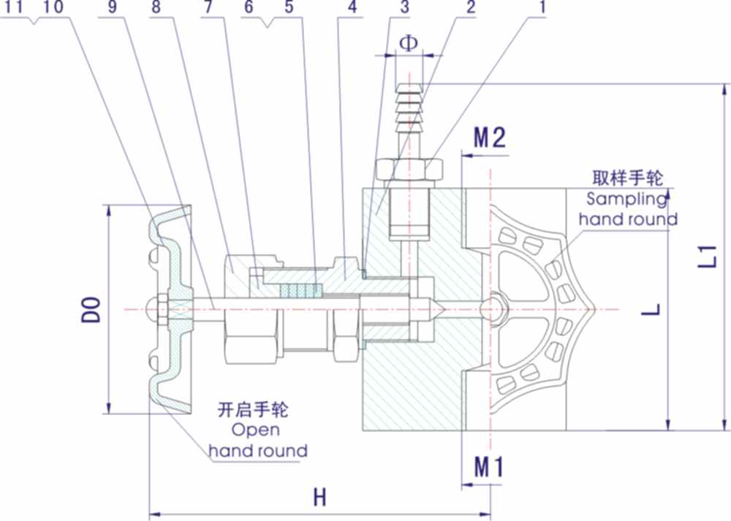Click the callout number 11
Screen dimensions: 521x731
point(15,7)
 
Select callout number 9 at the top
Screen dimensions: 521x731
point(112,7)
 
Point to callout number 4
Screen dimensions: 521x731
point(353,7)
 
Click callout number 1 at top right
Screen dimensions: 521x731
point(542,7)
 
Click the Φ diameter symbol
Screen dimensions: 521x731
point(409,42)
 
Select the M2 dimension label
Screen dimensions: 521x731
point(490,137)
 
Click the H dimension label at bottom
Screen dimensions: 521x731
point(319,498)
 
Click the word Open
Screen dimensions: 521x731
point(256,430)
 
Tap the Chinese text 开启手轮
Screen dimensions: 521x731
point(253,409)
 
